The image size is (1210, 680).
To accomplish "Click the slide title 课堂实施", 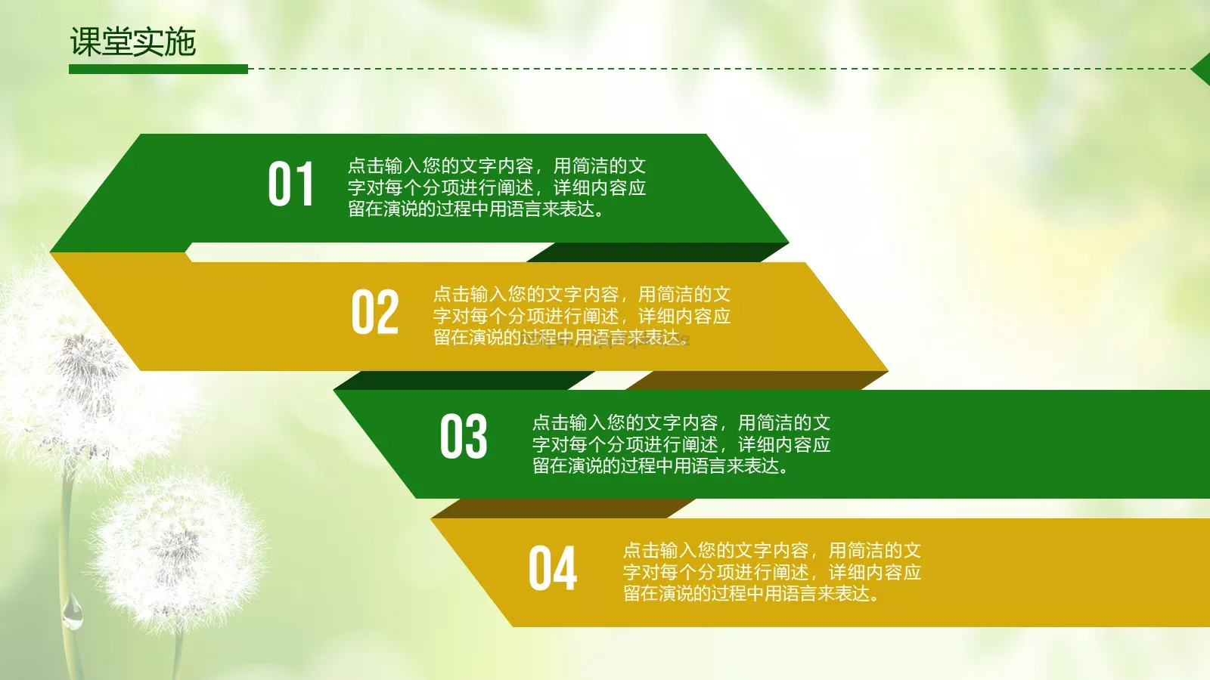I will (133, 42).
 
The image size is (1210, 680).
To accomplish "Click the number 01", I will (290, 184).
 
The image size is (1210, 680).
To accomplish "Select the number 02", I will (374, 312).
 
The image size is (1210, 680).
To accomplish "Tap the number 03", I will (463, 437).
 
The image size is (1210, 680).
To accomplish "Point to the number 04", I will (552, 568).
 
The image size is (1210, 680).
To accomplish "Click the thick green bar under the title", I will (158, 69).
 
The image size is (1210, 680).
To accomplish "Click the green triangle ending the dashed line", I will (1202, 70).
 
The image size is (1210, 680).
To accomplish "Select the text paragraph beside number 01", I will (496, 187).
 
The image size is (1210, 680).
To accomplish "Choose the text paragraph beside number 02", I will (582, 316).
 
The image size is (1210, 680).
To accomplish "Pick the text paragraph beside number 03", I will (681, 444).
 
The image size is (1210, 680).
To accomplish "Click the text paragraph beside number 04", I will (771, 572).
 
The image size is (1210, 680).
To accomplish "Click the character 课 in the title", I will (85, 42).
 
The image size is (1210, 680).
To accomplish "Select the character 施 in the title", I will (181, 42).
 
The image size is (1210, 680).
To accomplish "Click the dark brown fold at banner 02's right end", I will (756, 380).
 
